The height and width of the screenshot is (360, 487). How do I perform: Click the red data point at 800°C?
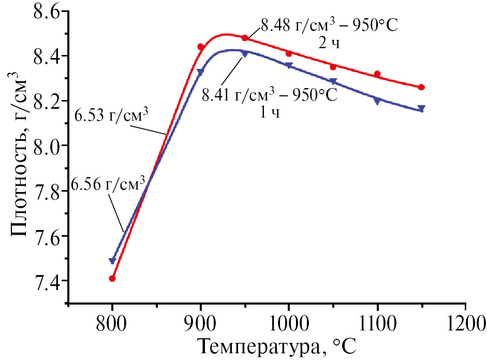point(112,279)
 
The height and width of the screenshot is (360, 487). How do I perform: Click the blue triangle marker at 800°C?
point(112,261)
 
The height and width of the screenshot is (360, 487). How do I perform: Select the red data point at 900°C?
point(201,47)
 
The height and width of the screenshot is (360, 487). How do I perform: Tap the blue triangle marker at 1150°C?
point(421,108)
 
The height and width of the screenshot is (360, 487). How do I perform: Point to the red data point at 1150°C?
point(421,87)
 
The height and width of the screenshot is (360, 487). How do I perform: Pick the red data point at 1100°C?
point(377,74)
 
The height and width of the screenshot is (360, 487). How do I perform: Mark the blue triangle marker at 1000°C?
point(289,65)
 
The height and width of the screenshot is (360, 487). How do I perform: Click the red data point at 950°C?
point(245,38)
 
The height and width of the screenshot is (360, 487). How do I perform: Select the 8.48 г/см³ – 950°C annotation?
point(329,25)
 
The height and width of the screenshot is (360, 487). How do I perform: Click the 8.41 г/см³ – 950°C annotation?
point(269,95)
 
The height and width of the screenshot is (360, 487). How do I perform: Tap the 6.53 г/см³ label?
point(112,114)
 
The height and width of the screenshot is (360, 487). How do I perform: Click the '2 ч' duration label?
point(329,43)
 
